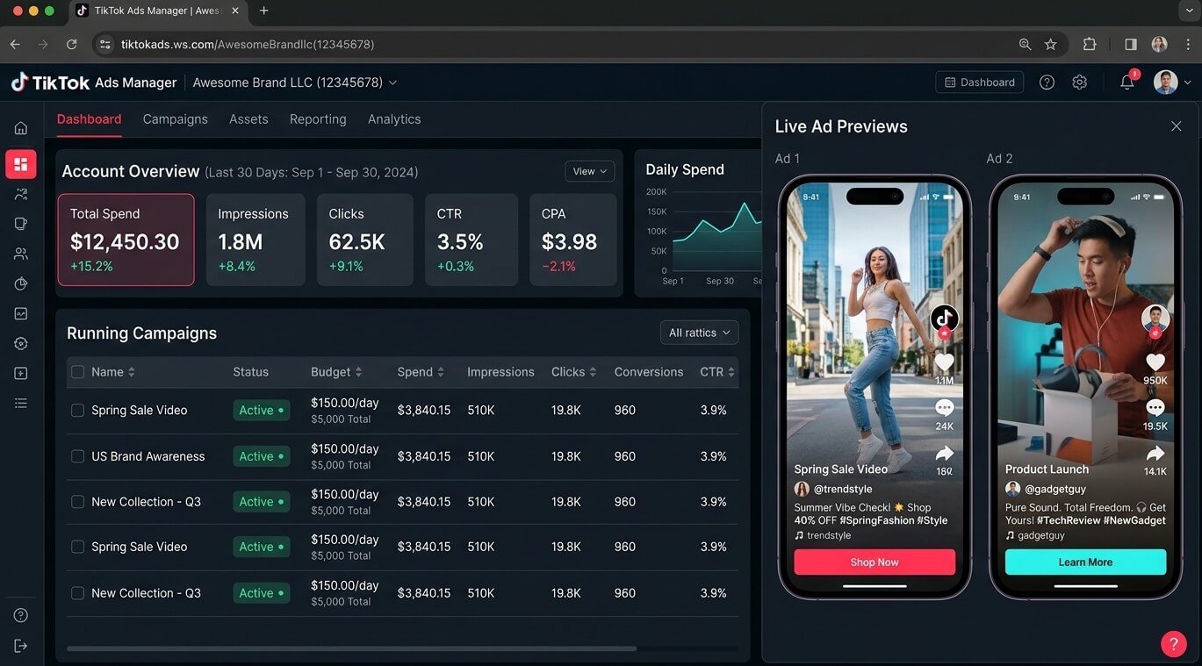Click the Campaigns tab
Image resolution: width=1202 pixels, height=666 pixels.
[x=175, y=119]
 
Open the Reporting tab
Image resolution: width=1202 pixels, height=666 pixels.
[x=318, y=119]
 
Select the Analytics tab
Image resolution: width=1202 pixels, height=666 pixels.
[x=394, y=119]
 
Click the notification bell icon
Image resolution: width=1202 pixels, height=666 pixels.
[x=1126, y=82]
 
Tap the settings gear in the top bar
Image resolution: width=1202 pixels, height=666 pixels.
[x=1079, y=82]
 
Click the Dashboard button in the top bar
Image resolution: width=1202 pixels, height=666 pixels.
[x=979, y=82]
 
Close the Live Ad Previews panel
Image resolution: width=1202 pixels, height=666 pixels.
[x=1176, y=126]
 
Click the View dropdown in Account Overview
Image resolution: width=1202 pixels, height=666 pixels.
[x=589, y=171]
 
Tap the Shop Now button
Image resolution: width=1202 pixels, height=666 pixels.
[x=875, y=562]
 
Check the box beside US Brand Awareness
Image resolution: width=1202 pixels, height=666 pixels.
[x=78, y=456]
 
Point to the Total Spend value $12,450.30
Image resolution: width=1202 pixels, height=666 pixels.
[x=125, y=242]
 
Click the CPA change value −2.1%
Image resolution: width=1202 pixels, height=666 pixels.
[x=558, y=266]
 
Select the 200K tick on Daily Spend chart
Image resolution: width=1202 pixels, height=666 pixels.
[x=656, y=191]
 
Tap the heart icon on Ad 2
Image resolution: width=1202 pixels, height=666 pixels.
[x=1155, y=362]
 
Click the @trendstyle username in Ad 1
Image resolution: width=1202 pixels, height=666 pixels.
[x=843, y=489]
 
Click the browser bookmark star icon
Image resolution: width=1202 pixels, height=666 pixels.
[x=1051, y=44]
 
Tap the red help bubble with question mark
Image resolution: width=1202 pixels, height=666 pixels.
[x=1174, y=643]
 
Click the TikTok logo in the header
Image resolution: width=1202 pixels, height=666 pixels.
[x=19, y=82]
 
